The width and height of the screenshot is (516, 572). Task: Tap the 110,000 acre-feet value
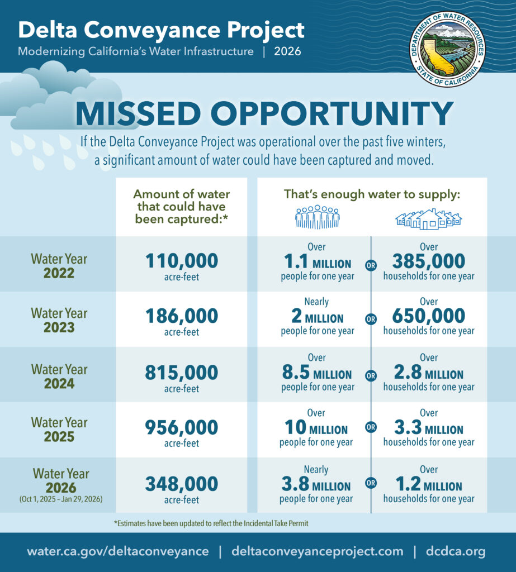click(182, 261)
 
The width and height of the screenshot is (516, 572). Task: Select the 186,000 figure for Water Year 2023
click(182, 316)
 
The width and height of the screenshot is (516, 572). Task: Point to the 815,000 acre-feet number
click(182, 373)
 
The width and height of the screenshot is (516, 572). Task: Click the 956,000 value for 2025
click(182, 427)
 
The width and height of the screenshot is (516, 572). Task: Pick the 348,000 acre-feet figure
click(182, 484)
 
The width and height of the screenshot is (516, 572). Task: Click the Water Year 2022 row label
click(59, 266)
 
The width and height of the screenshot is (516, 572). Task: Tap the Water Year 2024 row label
click(59, 376)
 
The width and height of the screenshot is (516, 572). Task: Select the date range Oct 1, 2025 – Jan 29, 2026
click(61, 499)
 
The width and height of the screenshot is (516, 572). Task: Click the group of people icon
click(318, 217)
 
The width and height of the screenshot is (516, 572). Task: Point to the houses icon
click(429, 219)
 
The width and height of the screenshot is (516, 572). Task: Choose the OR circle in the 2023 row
click(371, 319)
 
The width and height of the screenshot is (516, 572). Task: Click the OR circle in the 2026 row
click(371, 483)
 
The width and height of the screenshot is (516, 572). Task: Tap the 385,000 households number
click(429, 261)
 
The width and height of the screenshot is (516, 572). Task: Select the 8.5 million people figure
click(317, 373)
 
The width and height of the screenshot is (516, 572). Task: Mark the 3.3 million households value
click(429, 427)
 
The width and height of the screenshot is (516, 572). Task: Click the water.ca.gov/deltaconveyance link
click(117, 551)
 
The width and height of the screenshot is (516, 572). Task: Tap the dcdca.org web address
click(456, 551)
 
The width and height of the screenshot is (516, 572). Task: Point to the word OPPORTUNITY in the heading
click(332, 114)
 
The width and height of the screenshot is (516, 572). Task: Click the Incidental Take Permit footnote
click(211, 523)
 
